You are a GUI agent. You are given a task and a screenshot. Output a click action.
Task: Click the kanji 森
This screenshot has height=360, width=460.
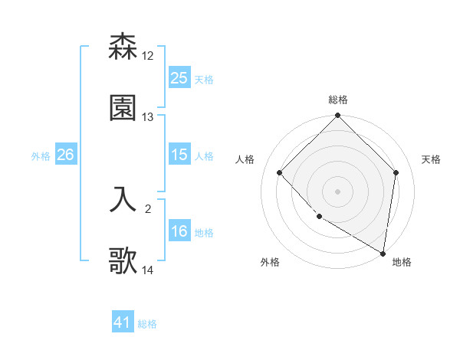pyautogui.click(x=123, y=47)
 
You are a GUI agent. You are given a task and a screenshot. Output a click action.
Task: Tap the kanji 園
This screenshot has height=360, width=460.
pyautogui.click(x=123, y=108)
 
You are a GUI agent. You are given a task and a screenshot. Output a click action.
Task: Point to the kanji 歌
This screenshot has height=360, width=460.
pyautogui.click(x=123, y=261)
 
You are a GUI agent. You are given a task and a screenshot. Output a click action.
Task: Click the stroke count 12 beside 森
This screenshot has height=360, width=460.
pyautogui.click(x=148, y=56)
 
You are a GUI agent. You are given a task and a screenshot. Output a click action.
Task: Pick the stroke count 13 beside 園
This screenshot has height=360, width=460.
pyautogui.click(x=148, y=117)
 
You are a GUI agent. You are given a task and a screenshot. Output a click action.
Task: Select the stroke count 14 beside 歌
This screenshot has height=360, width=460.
pyautogui.click(x=148, y=270)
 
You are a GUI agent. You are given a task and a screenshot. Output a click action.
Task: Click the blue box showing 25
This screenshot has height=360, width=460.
pyautogui.click(x=179, y=78)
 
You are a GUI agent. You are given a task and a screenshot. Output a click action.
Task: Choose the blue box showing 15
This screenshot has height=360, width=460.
pyautogui.click(x=179, y=155)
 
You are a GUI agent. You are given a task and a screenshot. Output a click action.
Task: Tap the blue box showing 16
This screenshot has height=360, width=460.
pyautogui.click(x=179, y=231)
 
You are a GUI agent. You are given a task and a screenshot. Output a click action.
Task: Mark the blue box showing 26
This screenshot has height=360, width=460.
pyautogui.click(x=65, y=155)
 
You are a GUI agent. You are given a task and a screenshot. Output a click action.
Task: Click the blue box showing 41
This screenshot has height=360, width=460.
pyautogui.click(x=123, y=323)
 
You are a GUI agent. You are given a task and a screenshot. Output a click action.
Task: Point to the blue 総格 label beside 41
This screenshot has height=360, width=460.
pyautogui.click(x=147, y=324)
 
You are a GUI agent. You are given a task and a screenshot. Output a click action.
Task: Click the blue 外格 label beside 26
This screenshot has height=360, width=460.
pyautogui.click(x=41, y=155)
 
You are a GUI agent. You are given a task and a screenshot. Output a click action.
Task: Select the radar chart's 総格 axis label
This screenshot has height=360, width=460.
pyautogui.click(x=337, y=100)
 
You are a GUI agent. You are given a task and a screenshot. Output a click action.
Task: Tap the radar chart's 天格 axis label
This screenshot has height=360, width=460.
pyautogui.click(x=431, y=159)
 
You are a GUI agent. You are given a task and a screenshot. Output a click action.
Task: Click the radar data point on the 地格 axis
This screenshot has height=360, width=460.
pyautogui.click(x=383, y=253)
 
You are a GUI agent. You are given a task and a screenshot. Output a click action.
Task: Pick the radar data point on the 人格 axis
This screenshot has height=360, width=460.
pyautogui.click(x=280, y=172)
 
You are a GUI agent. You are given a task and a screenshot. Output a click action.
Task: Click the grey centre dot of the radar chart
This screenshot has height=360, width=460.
pyautogui.click(x=337, y=191)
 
